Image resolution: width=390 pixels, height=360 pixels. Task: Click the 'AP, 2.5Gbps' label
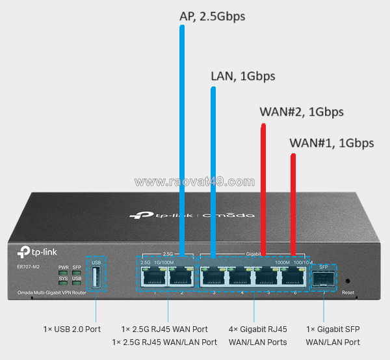tap(212, 16)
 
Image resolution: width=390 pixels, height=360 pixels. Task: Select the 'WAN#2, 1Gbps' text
tap(301, 111)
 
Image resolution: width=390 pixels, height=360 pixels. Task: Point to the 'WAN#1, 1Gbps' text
tap(331, 143)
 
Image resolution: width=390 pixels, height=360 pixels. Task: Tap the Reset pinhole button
tap(348, 281)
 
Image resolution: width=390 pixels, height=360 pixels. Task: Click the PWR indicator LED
tap(62, 272)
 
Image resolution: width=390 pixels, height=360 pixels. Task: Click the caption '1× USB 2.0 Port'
tap(71, 329)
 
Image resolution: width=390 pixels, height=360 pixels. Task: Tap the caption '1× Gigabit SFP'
tap(333, 329)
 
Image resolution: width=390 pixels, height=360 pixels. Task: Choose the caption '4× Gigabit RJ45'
tap(258, 329)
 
